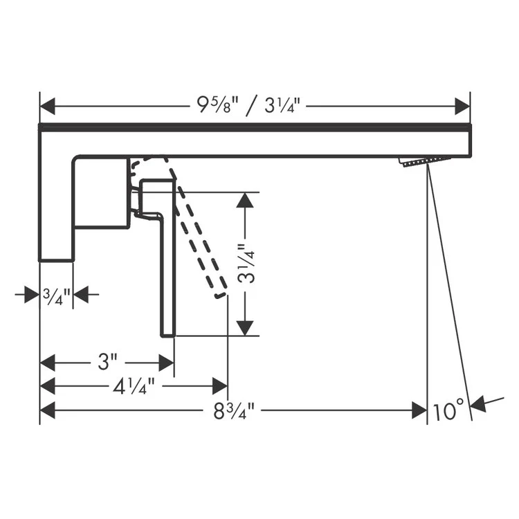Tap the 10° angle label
(x=449, y=411)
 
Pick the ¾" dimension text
(x=56, y=295)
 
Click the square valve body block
(x=101, y=192)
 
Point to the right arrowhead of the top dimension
(x=462, y=107)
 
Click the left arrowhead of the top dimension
(x=48, y=107)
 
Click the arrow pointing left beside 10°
(x=478, y=403)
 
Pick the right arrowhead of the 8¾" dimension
(x=419, y=410)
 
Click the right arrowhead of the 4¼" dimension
(x=220, y=386)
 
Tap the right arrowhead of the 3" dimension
(x=166, y=362)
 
